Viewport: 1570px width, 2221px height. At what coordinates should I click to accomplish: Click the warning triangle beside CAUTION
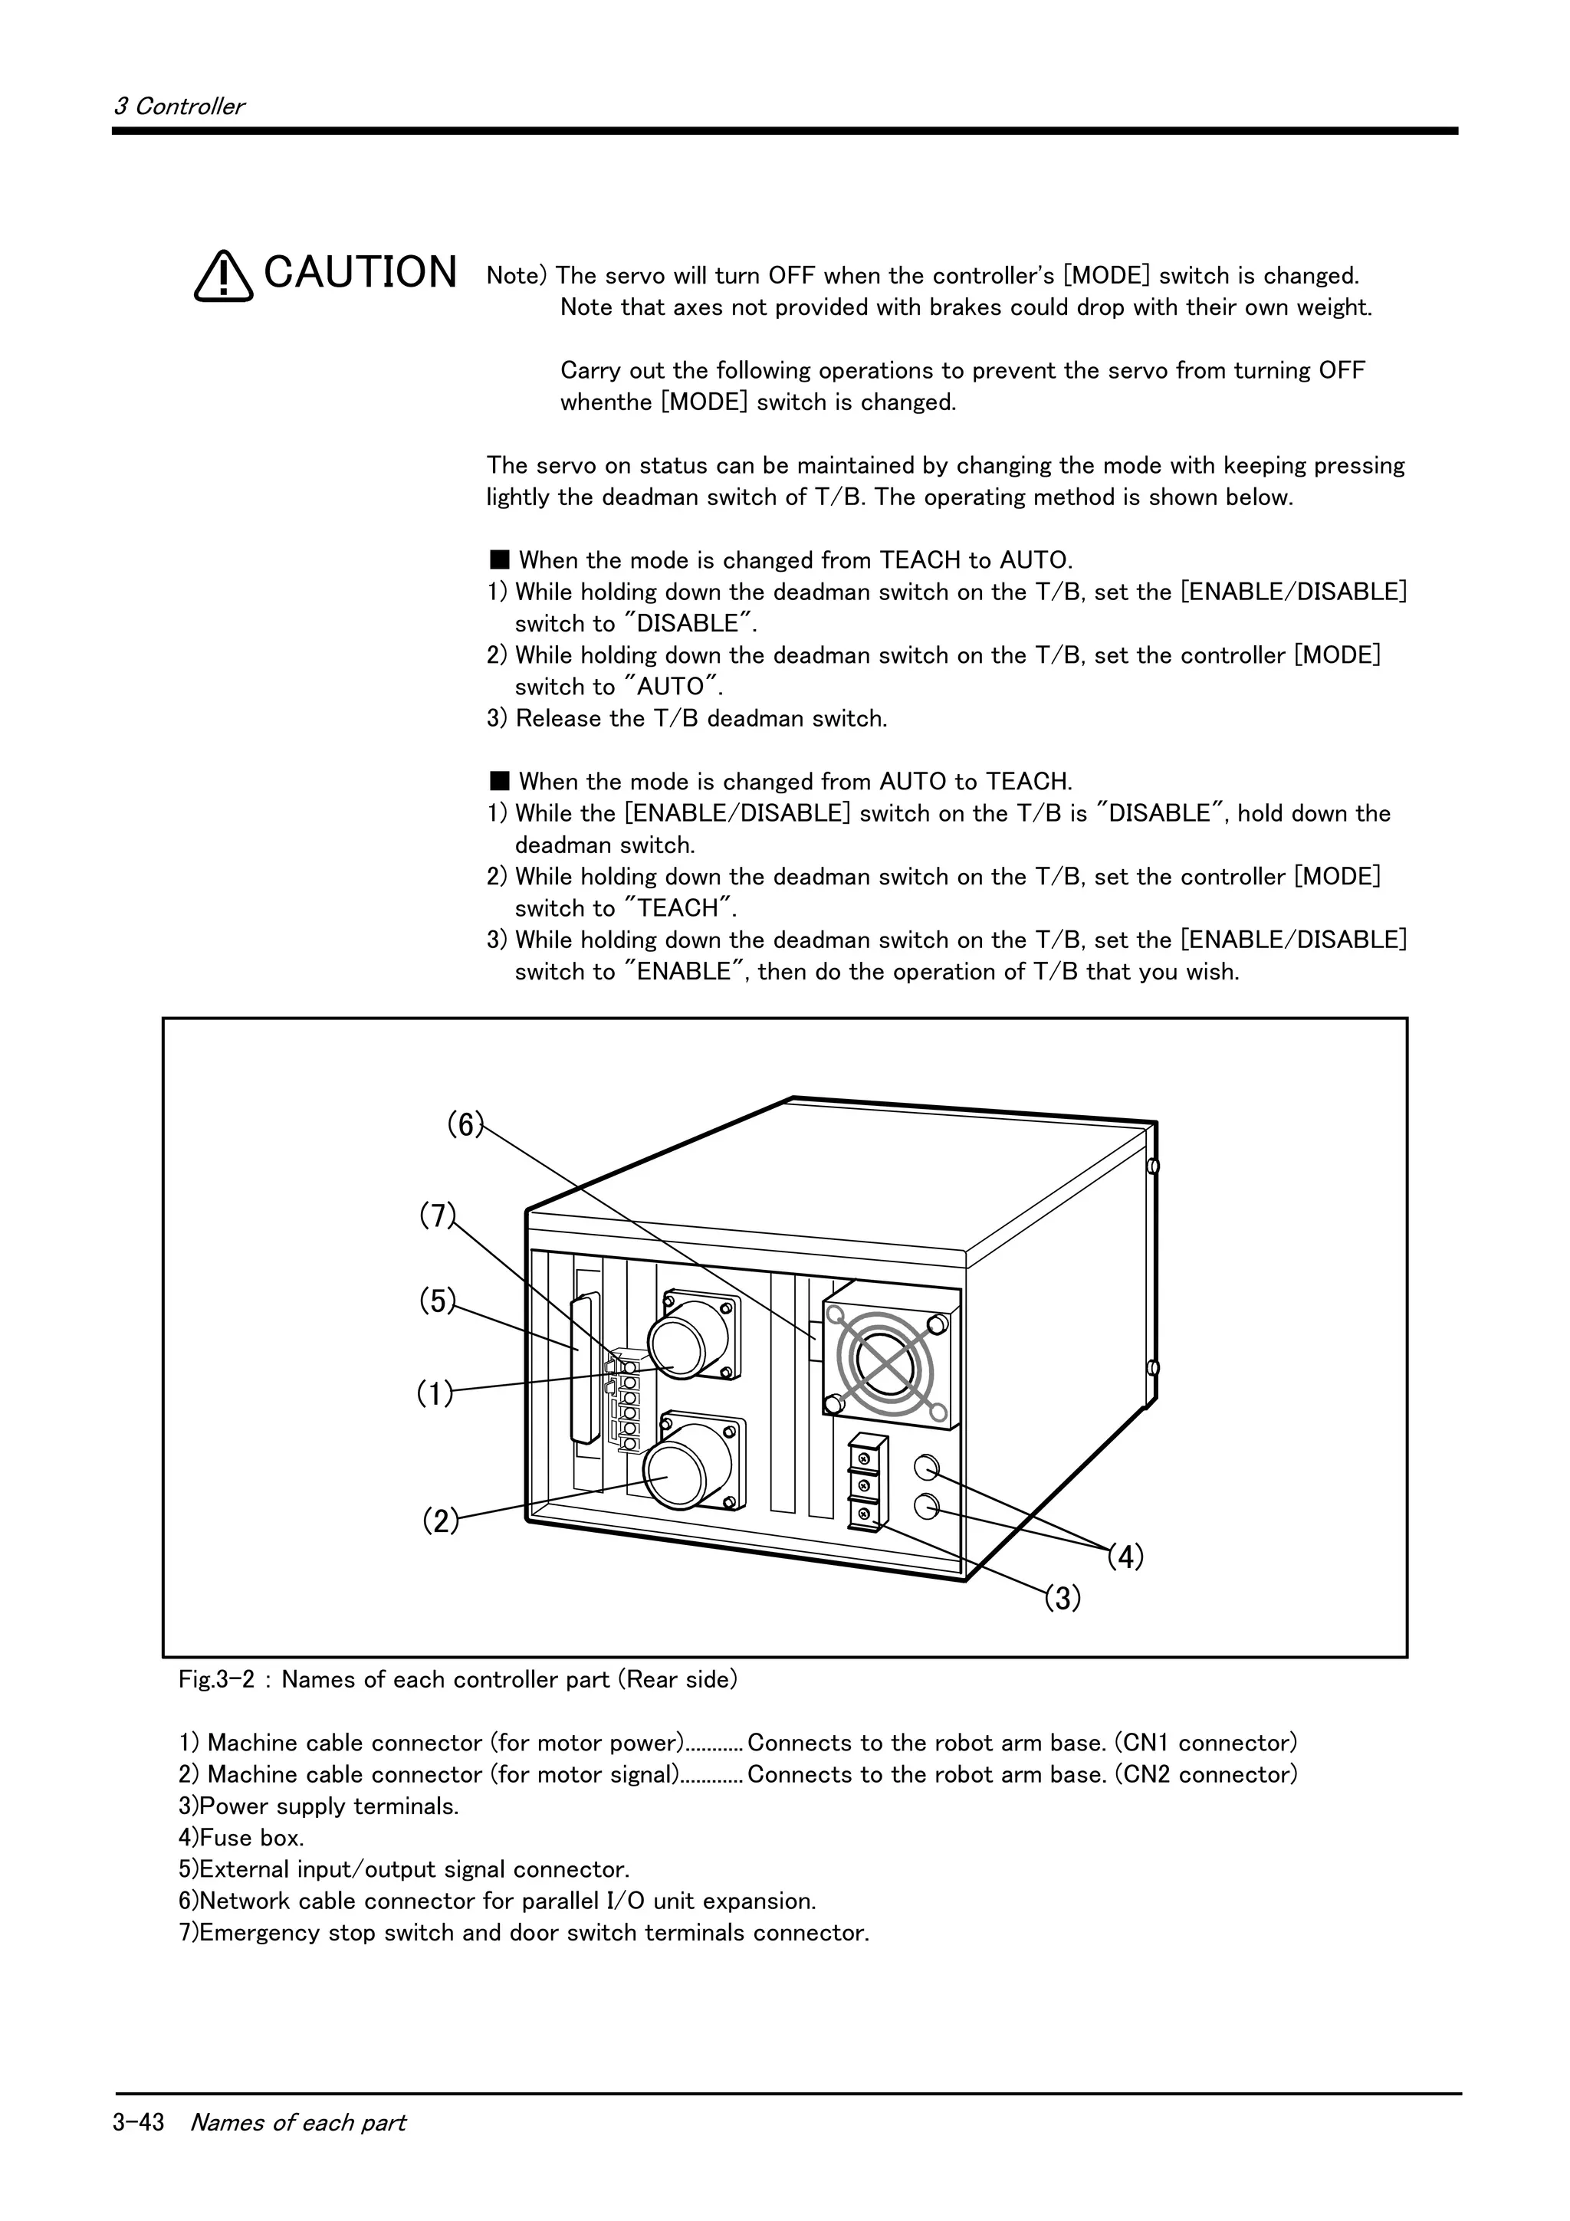(x=223, y=277)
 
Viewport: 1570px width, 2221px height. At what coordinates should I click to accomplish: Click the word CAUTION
(x=360, y=273)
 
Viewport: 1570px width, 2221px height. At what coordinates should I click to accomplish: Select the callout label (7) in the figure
(x=437, y=1215)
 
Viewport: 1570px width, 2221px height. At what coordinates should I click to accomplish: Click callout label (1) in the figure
(x=435, y=1394)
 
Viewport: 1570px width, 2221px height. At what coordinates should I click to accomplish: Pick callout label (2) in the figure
(x=440, y=1521)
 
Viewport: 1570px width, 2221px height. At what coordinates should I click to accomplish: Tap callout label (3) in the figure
(x=1063, y=1599)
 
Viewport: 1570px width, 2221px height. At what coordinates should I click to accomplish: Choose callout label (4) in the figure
(x=1125, y=1557)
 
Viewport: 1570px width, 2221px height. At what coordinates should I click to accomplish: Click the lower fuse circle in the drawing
(x=927, y=1505)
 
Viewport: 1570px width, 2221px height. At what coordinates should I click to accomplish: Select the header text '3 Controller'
(x=179, y=107)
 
